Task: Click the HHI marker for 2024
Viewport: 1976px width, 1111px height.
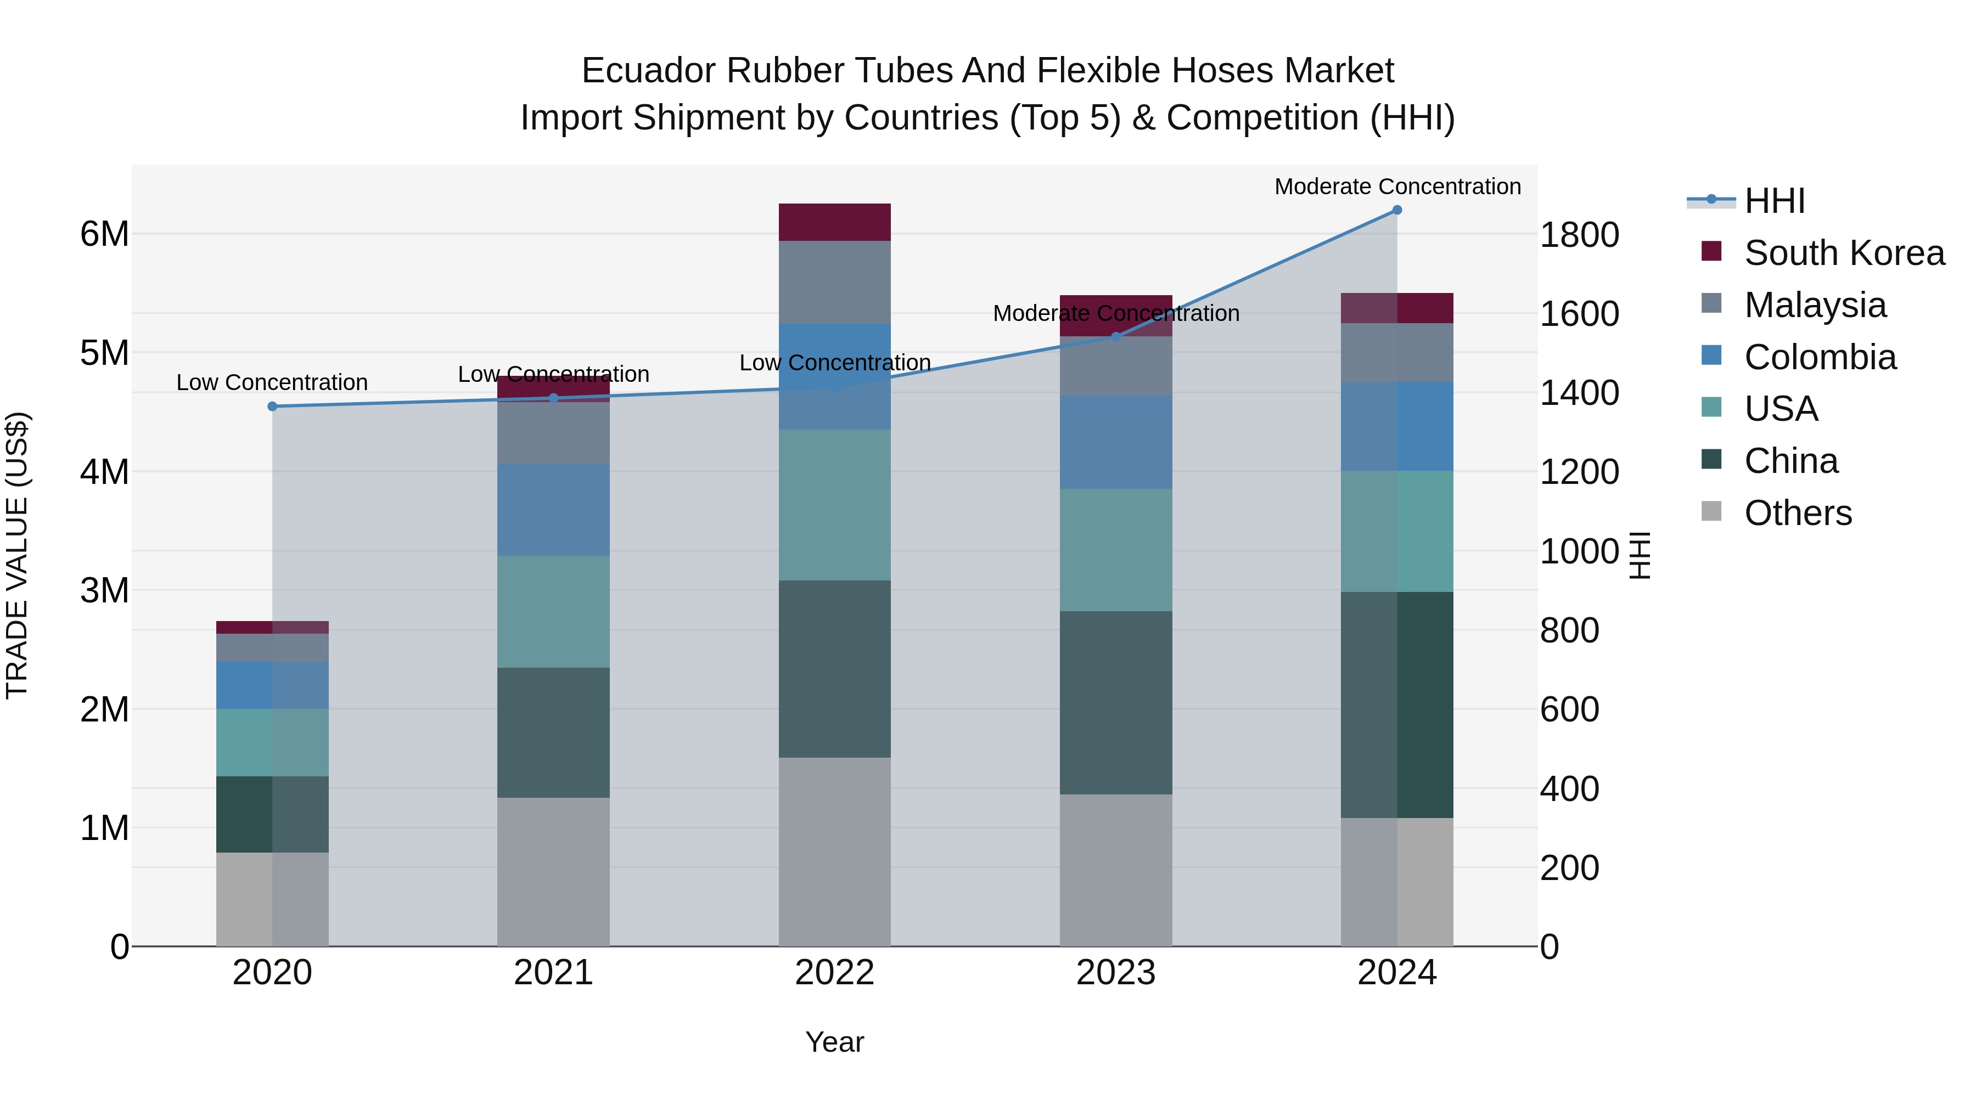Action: [x=1397, y=210]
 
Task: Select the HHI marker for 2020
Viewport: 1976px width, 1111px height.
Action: [x=272, y=407]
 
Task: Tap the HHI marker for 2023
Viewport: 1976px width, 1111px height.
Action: [x=1116, y=337]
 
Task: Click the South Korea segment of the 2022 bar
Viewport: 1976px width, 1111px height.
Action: [x=834, y=222]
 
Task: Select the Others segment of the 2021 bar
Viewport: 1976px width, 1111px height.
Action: [x=553, y=872]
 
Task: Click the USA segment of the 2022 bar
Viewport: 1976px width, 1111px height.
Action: [x=834, y=505]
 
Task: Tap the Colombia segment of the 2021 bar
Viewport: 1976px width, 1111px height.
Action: [x=553, y=510]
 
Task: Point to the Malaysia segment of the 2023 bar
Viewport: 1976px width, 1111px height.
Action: [x=1116, y=366]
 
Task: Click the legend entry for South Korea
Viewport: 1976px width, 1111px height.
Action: [x=1844, y=253]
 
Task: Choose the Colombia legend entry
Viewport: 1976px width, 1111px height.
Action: [x=1820, y=357]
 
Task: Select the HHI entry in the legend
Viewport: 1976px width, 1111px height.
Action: [x=1774, y=201]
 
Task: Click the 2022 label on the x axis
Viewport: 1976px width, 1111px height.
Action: [x=834, y=973]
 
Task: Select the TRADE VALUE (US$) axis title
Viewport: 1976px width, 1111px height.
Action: [x=17, y=556]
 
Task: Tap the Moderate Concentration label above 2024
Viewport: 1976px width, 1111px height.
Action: [x=1397, y=187]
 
